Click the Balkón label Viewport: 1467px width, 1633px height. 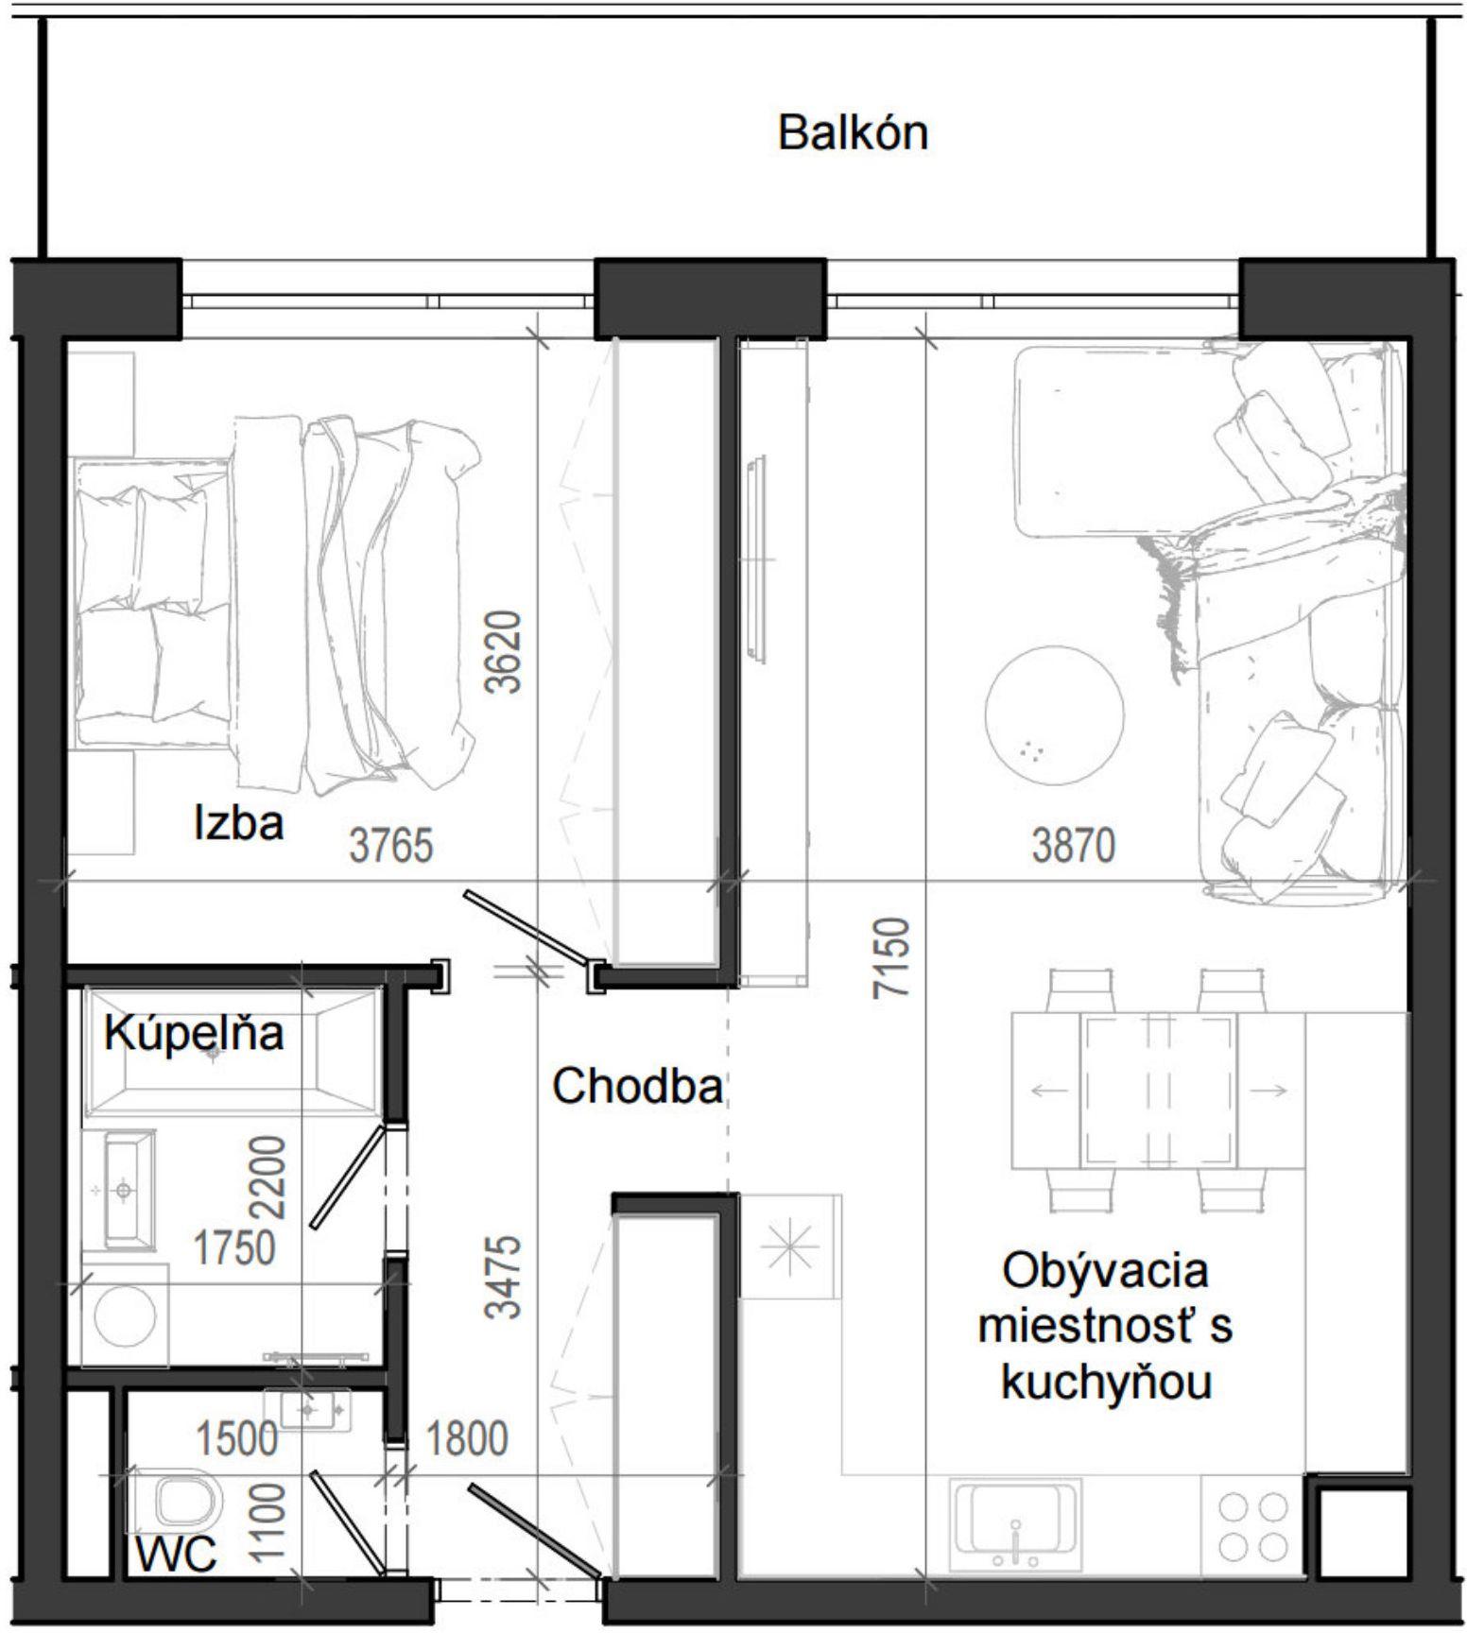tap(853, 132)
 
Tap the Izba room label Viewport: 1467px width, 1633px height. tap(238, 822)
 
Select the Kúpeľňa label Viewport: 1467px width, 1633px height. tap(194, 1033)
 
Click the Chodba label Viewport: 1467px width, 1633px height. tap(637, 1087)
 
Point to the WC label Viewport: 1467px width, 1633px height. tap(176, 1555)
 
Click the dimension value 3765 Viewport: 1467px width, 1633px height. tap(390, 845)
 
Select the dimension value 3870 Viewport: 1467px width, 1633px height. tap(1073, 845)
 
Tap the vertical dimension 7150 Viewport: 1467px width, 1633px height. tap(893, 956)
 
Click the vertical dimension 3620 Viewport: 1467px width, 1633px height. tap(503, 652)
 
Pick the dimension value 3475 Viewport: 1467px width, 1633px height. tap(503, 1276)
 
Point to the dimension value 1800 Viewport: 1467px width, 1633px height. tap(466, 1439)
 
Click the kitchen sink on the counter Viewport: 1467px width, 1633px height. tap(1015, 1523)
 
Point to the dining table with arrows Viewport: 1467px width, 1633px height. tap(1158, 1091)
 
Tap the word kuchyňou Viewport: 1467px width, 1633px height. tap(1105, 1384)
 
